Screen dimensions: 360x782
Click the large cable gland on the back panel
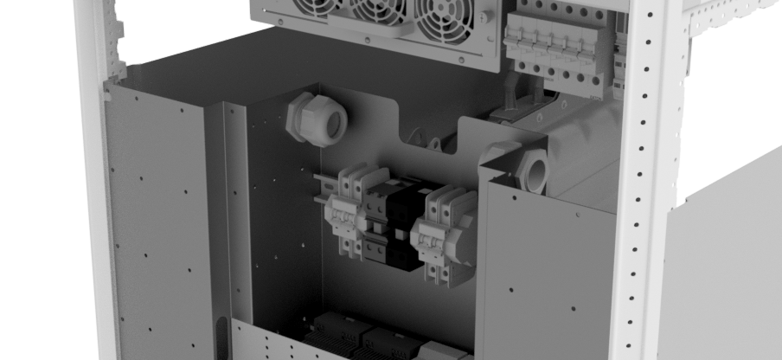[316, 119]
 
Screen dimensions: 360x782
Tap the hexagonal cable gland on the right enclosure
[532, 170]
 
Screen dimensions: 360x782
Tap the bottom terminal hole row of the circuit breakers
[562, 84]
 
